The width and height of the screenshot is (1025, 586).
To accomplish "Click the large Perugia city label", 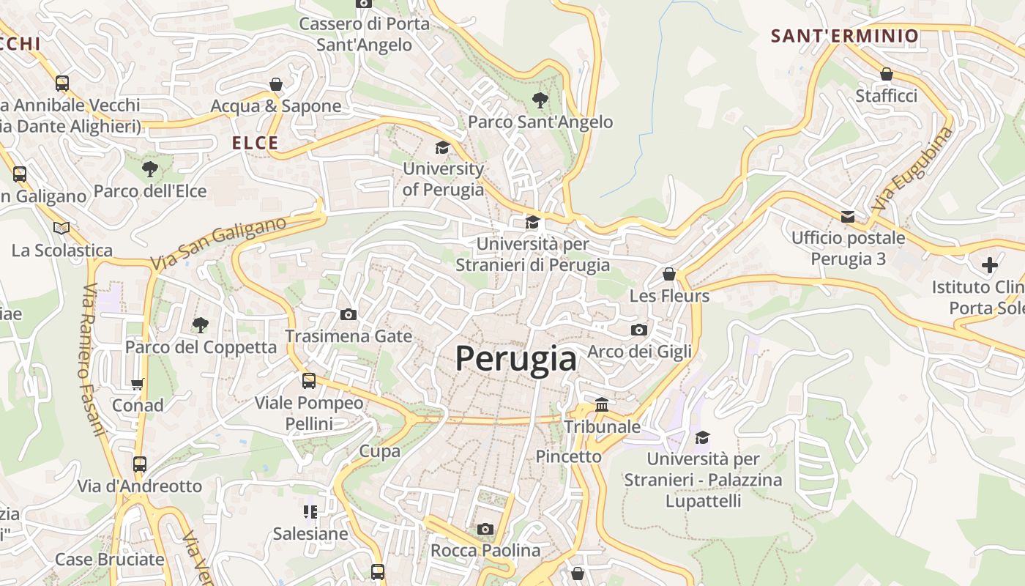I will coord(515,359).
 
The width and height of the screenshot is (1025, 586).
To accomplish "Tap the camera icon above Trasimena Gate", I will coord(348,314).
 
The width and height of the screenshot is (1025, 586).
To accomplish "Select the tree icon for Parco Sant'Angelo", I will coord(540,100).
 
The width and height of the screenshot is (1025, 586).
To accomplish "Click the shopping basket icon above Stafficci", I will coord(886,74).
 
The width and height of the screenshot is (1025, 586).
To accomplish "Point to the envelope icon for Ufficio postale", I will coord(848,216).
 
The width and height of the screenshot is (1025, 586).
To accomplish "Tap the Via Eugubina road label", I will coord(913,169).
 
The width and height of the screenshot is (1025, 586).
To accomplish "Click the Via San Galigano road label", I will coord(217,243).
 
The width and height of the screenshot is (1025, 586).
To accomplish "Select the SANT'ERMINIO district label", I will coord(844,36).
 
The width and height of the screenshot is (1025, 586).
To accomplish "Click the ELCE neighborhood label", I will coord(256,143).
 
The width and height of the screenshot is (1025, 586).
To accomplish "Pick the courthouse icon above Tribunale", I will coord(602,404).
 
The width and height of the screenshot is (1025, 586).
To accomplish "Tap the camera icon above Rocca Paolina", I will coord(485,529).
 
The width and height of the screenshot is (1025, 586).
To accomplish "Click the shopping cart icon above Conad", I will coord(138,383).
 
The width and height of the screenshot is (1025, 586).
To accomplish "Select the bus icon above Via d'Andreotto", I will coord(139,464).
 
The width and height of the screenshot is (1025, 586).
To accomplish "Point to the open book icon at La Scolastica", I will coord(61,229).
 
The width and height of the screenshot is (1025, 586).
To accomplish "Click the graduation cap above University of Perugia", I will coord(442,147).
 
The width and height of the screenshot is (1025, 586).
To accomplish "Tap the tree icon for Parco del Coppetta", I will coord(200,324).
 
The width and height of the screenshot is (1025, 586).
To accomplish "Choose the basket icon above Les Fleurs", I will coord(668,274).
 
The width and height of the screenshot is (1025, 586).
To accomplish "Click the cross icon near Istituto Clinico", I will coord(990,264).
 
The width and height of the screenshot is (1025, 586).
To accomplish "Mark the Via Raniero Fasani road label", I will coord(92,359).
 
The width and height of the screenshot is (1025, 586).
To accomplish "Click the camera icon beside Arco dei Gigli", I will coord(639,330).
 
